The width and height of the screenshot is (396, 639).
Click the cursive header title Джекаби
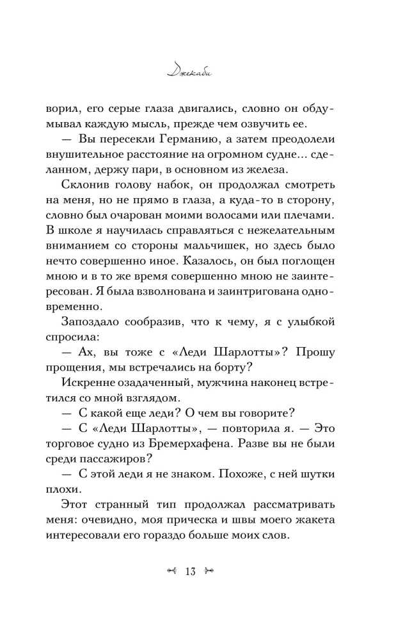tap(198, 69)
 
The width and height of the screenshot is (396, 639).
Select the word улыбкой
tap(321, 339)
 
